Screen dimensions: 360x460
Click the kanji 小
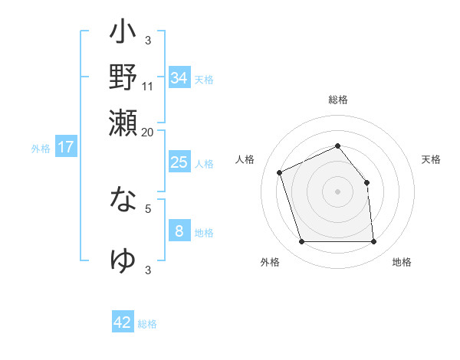(x=123, y=35)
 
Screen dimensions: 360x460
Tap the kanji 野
(x=123, y=78)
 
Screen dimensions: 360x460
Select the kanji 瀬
(x=123, y=123)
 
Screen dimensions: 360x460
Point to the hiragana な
(x=123, y=201)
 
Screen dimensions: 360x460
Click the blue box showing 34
(x=179, y=77)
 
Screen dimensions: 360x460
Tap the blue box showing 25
(x=179, y=162)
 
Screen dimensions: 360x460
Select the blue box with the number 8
(x=179, y=231)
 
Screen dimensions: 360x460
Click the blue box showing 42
(x=123, y=322)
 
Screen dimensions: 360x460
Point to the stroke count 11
(x=148, y=86)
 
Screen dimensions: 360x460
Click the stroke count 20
(x=148, y=131)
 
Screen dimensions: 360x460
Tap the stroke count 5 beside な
(x=148, y=208)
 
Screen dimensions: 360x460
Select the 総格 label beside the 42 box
(x=147, y=323)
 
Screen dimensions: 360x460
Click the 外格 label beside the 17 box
(x=41, y=148)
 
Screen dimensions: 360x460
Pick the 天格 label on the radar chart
(x=431, y=159)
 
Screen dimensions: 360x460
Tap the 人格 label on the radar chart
(x=245, y=159)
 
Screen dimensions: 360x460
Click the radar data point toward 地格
(x=373, y=242)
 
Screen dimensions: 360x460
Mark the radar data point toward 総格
(x=338, y=146)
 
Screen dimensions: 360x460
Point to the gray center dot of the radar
(x=338, y=191)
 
